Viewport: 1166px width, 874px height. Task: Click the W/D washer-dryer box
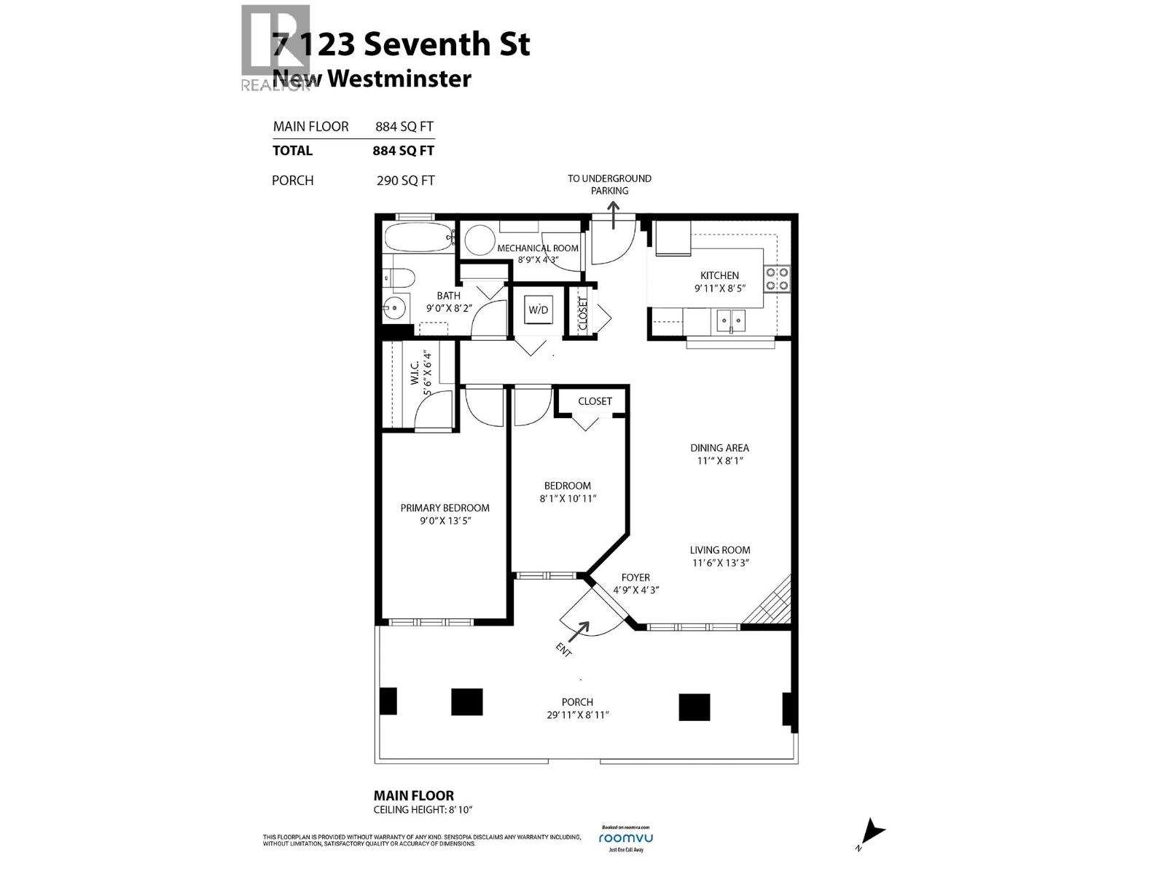click(x=538, y=310)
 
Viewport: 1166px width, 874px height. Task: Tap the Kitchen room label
click(x=719, y=275)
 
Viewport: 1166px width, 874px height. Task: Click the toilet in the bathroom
click(x=399, y=277)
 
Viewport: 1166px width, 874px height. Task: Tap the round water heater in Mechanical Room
click(x=479, y=240)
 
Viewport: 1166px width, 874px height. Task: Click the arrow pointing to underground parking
click(x=613, y=215)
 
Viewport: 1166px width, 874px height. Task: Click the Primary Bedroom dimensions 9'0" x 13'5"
click(x=445, y=521)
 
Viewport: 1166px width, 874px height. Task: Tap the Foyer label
click(x=635, y=578)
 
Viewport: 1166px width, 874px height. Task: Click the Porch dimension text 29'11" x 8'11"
click(x=577, y=714)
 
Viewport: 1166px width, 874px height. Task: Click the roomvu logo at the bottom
click(x=625, y=838)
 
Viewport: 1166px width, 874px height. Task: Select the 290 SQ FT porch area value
click(x=405, y=181)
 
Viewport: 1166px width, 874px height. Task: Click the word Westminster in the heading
click(x=399, y=79)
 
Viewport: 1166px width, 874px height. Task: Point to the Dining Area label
click(x=719, y=448)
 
